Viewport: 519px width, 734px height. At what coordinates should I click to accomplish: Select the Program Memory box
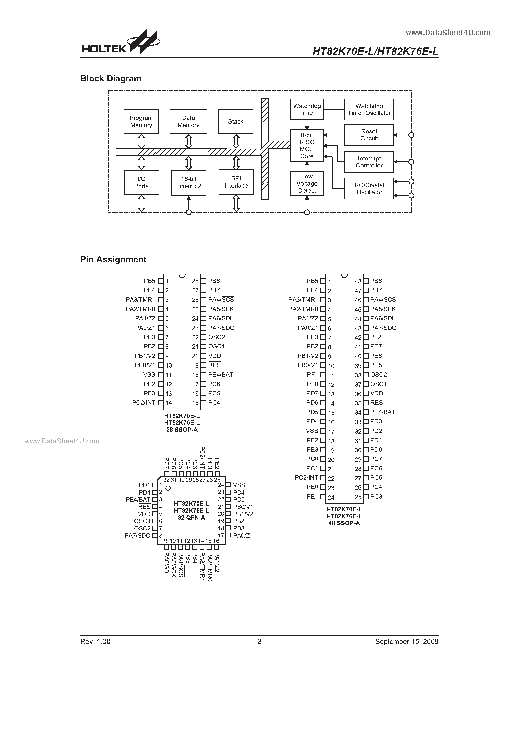coord(141,121)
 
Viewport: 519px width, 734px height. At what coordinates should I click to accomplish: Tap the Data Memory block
coord(188,121)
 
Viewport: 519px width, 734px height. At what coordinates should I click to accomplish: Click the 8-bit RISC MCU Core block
coord(307,145)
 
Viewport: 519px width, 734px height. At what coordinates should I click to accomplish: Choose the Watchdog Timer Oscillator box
coord(369,110)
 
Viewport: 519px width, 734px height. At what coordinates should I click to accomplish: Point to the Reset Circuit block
coord(369,135)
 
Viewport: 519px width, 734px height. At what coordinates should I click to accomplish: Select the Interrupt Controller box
coord(369,162)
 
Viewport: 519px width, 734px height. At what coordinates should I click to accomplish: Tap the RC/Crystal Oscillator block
coord(369,189)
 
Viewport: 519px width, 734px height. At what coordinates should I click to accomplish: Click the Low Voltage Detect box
coord(307,183)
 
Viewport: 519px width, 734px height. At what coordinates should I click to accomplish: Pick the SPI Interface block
coord(236,182)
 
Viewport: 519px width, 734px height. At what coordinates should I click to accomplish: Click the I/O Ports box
coord(141,182)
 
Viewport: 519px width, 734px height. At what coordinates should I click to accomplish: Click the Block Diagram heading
coord(111,79)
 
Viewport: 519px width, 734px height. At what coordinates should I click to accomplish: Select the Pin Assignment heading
coord(113,260)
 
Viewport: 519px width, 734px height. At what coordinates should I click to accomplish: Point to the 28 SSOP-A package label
coord(182,430)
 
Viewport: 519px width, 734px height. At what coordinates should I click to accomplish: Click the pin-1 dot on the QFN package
coord(168,488)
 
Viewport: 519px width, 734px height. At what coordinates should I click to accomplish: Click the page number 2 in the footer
coord(259,642)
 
